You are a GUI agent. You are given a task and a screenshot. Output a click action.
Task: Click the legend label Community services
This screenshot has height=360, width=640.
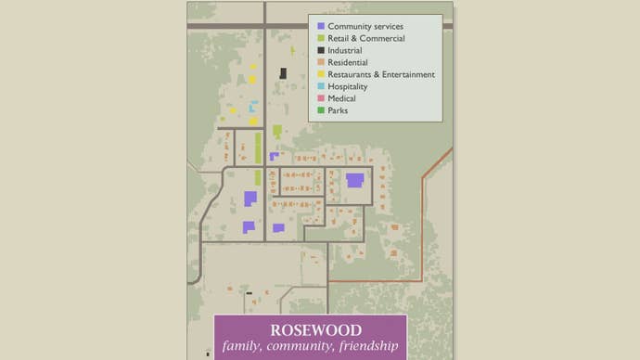pyautogui.click(x=365, y=26)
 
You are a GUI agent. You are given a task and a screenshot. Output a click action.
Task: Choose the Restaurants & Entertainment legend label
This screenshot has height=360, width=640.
pyautogui.click(x=381, y=74)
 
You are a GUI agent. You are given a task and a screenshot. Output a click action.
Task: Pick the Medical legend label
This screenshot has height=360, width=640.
pyautogui.click(x=342, y=98)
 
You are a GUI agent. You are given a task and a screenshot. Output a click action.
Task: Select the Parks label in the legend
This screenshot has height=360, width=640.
pyautogui.click(x=339, y=110)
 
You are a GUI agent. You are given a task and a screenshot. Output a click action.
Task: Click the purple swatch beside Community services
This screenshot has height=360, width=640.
pyautogui.click(x=321, y=26)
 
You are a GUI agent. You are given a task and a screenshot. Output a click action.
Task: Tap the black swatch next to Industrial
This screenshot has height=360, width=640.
pyautogui.click(x=321, y=50)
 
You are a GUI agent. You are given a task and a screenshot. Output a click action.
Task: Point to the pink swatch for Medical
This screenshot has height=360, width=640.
pyautogui.click(x=321, y=98)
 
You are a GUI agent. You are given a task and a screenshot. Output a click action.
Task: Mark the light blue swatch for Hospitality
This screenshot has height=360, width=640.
pyautogui.click(x=321, y=86)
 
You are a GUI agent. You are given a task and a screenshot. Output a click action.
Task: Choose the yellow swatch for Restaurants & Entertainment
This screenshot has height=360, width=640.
pyautogui.click(x=321, y=74)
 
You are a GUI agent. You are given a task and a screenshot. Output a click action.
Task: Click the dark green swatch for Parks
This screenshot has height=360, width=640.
pyautogui.click(x=321, y=110)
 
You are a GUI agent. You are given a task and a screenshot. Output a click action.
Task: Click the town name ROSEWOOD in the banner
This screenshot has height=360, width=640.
pyautogui.click(x=310, y=330)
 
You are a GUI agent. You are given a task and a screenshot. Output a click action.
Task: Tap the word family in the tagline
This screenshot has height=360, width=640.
pyautogui.click(x=242, y=348)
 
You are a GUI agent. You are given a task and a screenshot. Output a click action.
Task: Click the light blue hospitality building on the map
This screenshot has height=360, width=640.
pyautogui.click(x=252, y=107)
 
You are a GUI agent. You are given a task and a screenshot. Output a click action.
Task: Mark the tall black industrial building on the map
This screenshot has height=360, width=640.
pyautogui.click(x=283, y=73)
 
